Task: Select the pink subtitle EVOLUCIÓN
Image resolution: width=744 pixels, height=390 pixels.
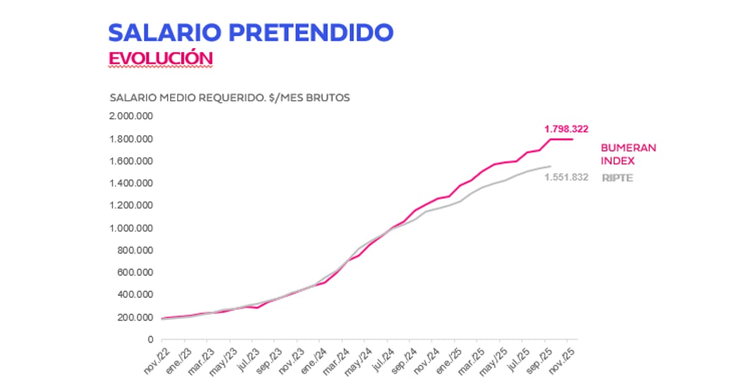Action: tap(160, 58)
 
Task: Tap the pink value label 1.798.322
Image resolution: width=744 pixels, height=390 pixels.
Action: tap(566, 129)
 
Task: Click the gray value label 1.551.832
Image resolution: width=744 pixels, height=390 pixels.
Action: tap(566, 178)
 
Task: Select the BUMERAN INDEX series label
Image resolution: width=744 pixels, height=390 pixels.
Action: tap(628, 154)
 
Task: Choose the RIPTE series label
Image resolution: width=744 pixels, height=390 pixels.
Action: tap(618, 178)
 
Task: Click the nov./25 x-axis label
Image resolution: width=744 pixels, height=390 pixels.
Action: tap(564, 359)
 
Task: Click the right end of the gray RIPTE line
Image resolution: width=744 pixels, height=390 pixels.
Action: tap(550, 166)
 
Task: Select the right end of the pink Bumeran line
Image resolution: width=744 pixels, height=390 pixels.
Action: tap(572, 139)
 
